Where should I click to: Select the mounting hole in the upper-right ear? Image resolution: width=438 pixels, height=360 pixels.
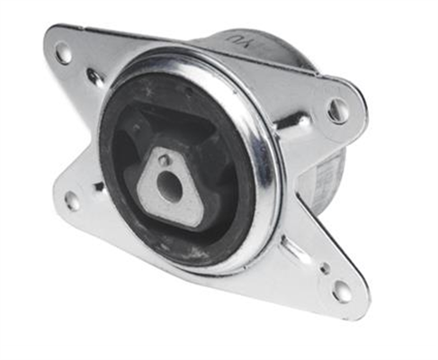338,110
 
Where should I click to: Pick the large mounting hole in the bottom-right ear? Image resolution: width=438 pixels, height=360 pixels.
342,290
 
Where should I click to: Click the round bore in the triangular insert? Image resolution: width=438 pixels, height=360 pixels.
169,186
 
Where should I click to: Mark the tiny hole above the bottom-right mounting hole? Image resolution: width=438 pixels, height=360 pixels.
324,267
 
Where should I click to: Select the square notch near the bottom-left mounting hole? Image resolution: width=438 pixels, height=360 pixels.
98,187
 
